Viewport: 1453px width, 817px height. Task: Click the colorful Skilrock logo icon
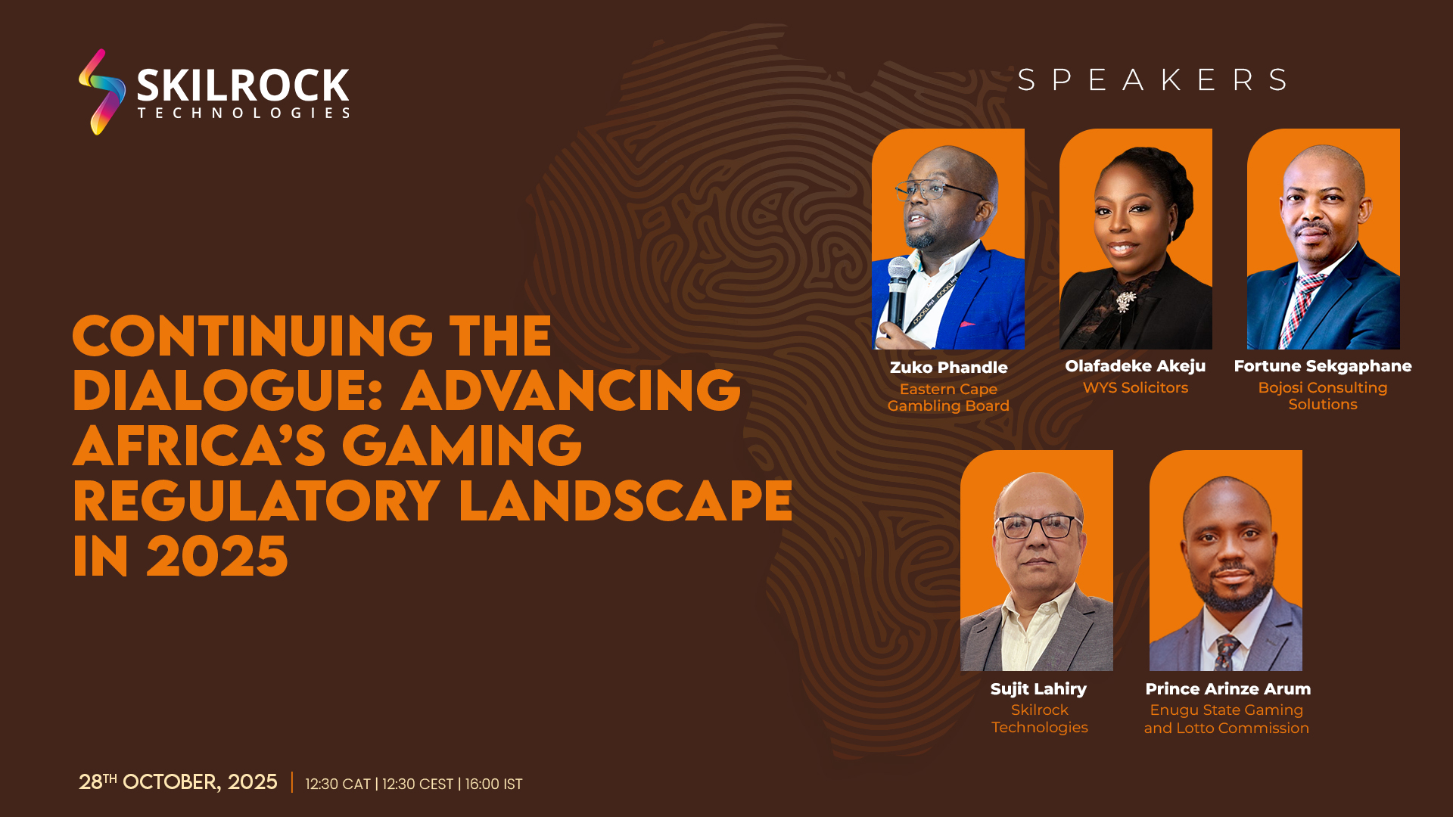(101, 92)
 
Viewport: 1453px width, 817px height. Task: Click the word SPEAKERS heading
(1153, 79)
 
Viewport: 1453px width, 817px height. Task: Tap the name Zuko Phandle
(948, 368)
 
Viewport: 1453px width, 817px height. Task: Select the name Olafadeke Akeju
(1135, 366)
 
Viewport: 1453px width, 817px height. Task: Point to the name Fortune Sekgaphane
(1323, 366)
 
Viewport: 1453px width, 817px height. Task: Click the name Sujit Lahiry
(1038, 689)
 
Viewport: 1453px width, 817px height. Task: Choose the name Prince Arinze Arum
(1227, 689)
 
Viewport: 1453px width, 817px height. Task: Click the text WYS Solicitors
(1135, 388)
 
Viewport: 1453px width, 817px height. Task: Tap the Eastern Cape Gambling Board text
(948, 398)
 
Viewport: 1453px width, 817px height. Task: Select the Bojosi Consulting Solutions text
(1323, 396)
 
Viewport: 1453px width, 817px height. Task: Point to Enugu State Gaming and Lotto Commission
(1227, 719)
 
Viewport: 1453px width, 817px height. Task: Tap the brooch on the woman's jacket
(1127, 302)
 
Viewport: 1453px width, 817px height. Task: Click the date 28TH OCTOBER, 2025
(178, 782)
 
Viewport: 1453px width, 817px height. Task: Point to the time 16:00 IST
(493, 784)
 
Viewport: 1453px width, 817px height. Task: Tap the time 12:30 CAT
(338, 784)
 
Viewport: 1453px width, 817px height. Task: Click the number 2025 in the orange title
(217, 557)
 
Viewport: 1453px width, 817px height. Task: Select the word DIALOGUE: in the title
(227, 390)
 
